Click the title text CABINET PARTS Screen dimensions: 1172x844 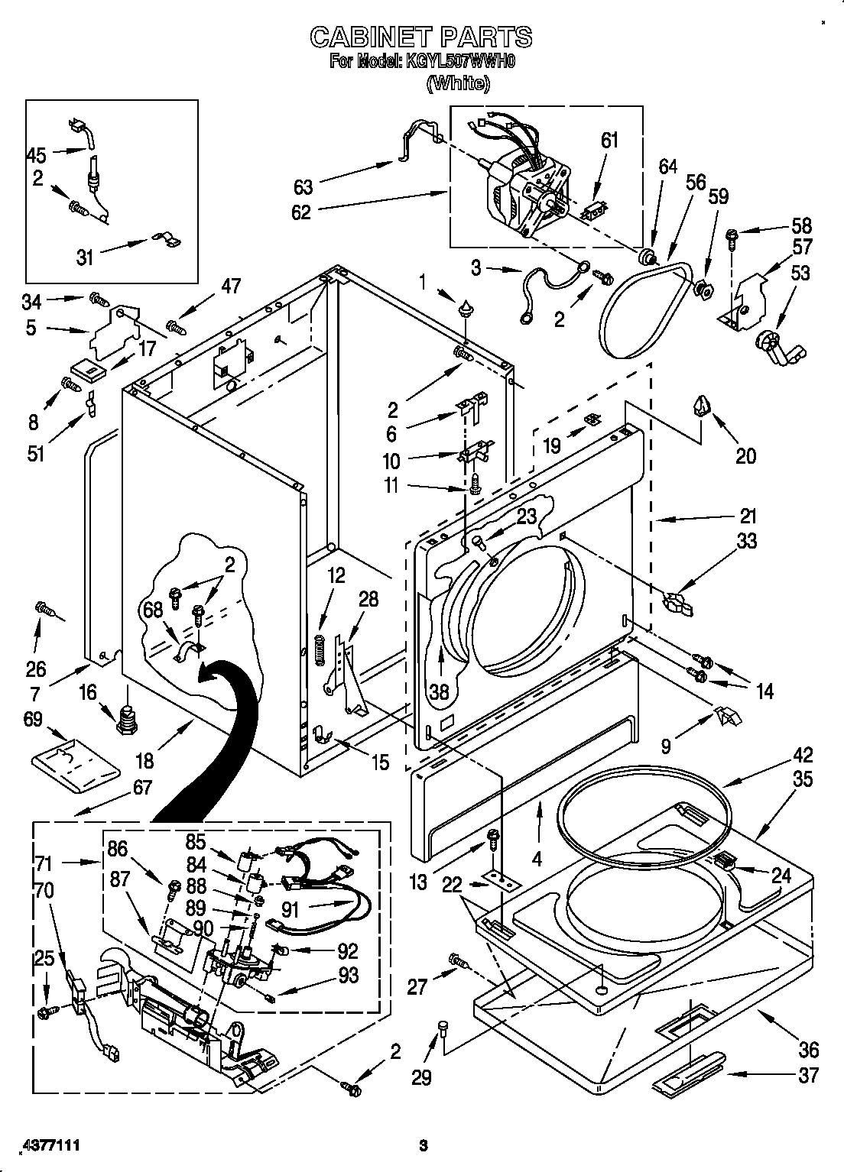pyautogui.click(x=420, y=37)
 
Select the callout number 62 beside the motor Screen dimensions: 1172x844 pyautogui.click(x=301, y=212)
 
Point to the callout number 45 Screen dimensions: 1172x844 pyautogui.click(x=36, y=155)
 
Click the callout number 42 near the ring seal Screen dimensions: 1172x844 pyautogui.click(x=802, y=756)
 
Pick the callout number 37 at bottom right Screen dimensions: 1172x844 pyautogui.click(x=807, y=1075)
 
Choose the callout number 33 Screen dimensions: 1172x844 pyautogui.click(x=746, y=541)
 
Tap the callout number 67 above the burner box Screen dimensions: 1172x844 pyautogui.click(x=142, y=788)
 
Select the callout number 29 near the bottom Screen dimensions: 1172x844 pyautogui.click(x=421, y=1077)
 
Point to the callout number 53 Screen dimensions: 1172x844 pyautogui.click(x=800, y=273)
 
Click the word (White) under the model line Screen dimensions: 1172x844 pyautogui.click(x=457, y=83)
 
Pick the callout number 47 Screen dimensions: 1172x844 pyautogui.click(x=231, y=287)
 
